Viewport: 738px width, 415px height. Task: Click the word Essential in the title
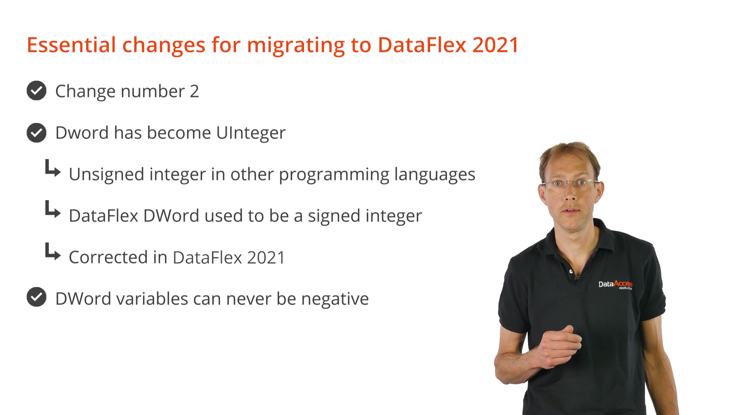pyautogui.click(x=71, y=45)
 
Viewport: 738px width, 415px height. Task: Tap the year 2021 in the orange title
pyautogui.click(x=496, y=45)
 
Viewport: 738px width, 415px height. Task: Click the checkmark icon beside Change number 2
pyautogui.click(x=37, y=91)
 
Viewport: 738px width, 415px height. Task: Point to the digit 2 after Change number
pyautogui.click(x=194, y=91)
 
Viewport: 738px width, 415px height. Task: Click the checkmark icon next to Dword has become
pyautogui.click(x=37, y=133)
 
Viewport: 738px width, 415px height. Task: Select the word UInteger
pyautogui.click(x=251, y=133)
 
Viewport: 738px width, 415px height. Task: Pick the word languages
pyautogui.click(x=435, y=175)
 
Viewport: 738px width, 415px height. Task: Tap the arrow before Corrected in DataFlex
pyautogui.click(x=53, y=252)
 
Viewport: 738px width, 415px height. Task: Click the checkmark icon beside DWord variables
pyautogui.click(x=37, y=297)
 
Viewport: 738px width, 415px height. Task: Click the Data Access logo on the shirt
pyautogui.click(x=615, y=284)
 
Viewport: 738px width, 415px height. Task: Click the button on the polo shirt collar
pyautogui.click(x=571, y=271)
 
